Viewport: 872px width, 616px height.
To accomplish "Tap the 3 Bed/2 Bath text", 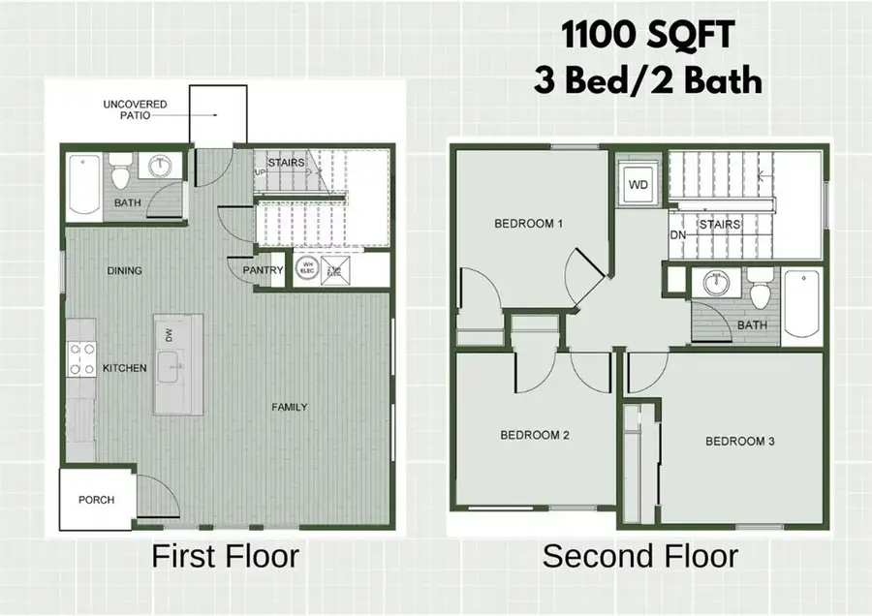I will [x=647, y=79].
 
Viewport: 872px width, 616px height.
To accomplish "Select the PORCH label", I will [x=96, y=500].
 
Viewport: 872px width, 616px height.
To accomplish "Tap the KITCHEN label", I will [x=124, y=368].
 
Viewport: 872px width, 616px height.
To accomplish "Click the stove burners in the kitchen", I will [x=80, y=359].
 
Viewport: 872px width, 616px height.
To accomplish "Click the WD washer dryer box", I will [x=639, y=184].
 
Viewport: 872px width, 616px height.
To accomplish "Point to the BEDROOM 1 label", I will [x=529, y=224].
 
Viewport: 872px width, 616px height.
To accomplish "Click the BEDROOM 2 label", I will [x=534, y=435].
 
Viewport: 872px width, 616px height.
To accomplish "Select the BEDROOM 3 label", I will [x=740, y=442].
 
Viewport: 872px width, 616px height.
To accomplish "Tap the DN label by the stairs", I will [x=678, y=234].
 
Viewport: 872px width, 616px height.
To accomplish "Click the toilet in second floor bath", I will [x=762, y=292].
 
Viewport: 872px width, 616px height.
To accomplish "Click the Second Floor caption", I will [x=639, y=557].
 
